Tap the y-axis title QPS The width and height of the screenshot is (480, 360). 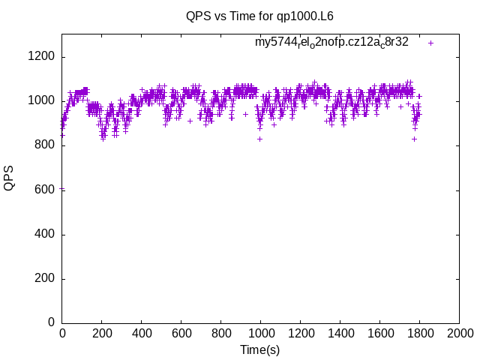coord(9,178)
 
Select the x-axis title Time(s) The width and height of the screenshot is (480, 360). coord(259,349)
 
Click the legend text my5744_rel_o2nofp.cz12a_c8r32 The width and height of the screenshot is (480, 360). coord(331,43)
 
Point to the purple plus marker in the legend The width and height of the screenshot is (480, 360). coord(430,43)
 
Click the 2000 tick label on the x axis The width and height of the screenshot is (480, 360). coord(458,333)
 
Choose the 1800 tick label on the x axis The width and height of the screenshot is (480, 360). coord(418,333)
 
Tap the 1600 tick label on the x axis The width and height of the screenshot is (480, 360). coord(379,333)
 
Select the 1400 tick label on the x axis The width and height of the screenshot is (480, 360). coord(340,333)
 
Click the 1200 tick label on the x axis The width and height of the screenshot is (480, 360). coord(300,333)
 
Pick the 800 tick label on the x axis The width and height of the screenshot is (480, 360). coord(220,333)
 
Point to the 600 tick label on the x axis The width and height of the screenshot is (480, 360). coord(181,333)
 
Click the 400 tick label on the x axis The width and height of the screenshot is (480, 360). coord(141,333)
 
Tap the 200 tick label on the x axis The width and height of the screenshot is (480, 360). coord(101,333)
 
